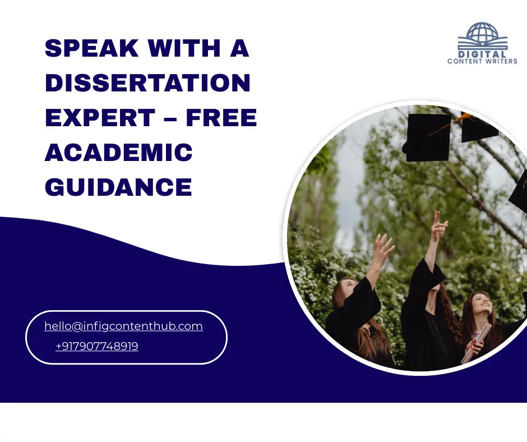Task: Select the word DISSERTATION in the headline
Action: point(147,84)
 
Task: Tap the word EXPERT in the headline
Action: point(100,118)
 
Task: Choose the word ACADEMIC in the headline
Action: point(118,152)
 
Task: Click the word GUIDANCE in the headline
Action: point(118,186)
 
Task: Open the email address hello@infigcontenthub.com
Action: point(123,326)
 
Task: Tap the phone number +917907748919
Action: point(97,347)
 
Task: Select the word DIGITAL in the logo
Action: point(482,54)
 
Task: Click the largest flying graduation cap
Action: point(428,137)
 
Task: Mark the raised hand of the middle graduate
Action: point(439,225)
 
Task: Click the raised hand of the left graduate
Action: point(384,247)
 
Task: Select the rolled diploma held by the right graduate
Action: point(477,342)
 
